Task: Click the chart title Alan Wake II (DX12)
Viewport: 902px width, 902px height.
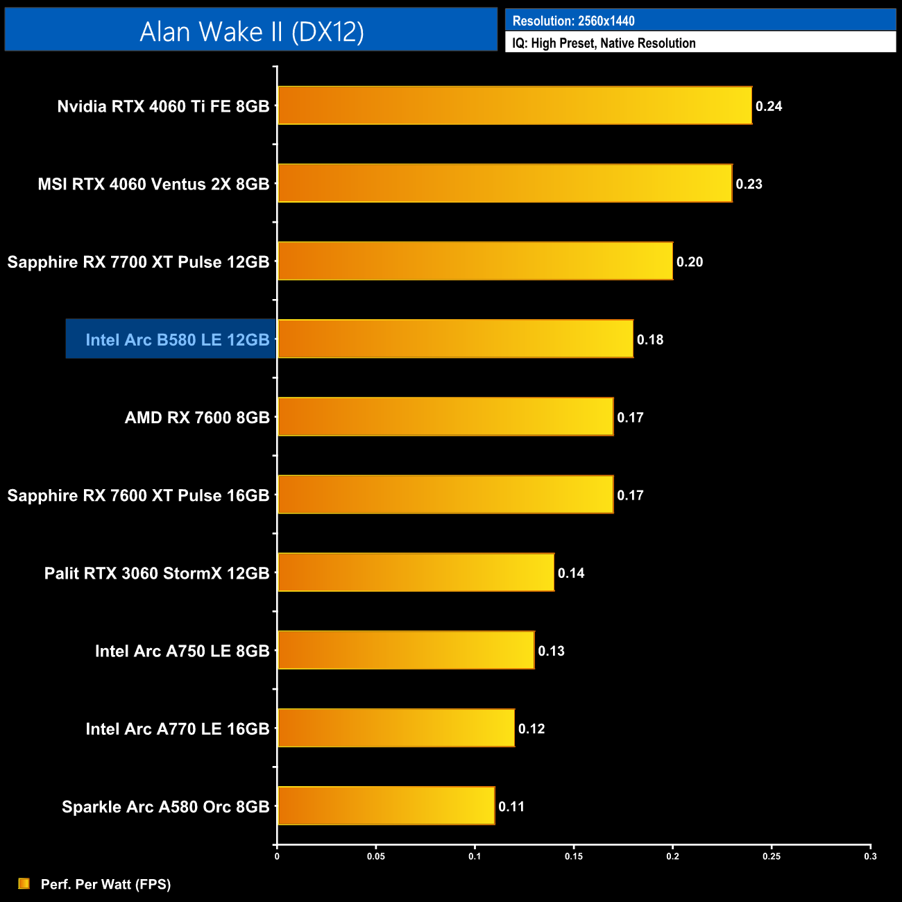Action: (251, 31)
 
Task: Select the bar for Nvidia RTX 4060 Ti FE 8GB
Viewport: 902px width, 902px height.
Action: (514, 105)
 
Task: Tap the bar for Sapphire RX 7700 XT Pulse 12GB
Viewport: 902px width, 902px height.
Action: (475, 261)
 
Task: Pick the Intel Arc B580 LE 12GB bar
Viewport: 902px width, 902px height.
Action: (455, 339)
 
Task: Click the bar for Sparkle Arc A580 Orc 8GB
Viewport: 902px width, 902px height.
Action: (386, 806)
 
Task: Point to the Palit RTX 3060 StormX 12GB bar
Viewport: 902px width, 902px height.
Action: (416, 572)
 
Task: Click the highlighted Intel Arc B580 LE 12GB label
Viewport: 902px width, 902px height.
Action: (177, 339)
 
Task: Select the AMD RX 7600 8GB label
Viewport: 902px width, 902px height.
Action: (197, 417)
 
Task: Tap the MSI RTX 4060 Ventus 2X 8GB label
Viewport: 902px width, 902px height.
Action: (153, 184)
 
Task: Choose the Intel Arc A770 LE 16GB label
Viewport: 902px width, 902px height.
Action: (177, 729)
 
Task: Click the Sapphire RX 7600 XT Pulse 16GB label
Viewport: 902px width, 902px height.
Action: (138, 495)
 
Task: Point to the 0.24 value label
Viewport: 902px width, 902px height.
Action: (769, 106)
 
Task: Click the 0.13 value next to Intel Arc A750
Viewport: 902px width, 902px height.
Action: (552, 651)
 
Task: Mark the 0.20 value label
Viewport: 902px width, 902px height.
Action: (690, 262)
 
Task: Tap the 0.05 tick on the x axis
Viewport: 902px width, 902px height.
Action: (376, 856)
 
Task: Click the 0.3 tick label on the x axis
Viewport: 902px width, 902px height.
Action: (870, 856)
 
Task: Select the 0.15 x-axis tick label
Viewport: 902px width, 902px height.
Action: (574, 856)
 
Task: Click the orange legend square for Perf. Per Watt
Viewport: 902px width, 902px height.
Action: (24, 883)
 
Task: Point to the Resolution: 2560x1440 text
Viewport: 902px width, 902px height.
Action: (573, 21)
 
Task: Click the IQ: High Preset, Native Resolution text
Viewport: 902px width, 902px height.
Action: (604, 43)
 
